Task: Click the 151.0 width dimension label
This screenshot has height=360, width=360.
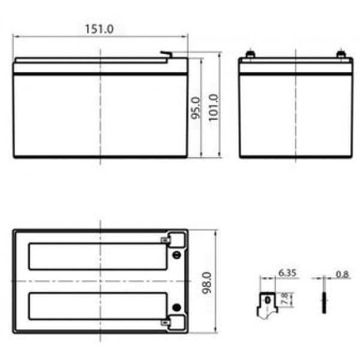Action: (99, 29)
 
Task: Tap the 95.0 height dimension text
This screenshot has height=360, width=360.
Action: (196, 108)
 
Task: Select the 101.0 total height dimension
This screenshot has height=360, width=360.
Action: (213, 107)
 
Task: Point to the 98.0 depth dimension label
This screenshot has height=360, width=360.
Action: (207, 283)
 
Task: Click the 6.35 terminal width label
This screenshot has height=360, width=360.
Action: (287, 273)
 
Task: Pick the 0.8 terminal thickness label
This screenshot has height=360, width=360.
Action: (342, 274)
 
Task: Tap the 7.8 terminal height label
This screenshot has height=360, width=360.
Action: (284, 299)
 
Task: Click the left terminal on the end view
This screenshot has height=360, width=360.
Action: (250, 54)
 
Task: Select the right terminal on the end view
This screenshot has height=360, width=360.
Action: (341, 54)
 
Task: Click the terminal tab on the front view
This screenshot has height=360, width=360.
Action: (166, 55)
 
